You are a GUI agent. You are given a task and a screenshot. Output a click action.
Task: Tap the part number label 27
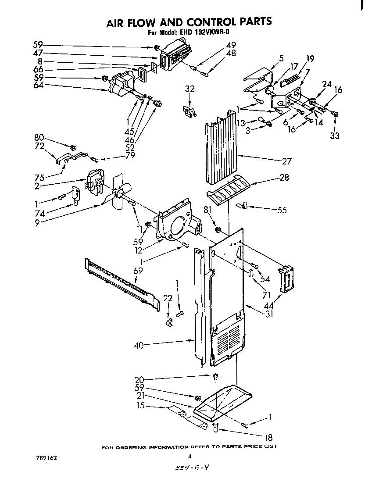(286, 161)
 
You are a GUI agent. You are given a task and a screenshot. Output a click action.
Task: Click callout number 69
(138, 271)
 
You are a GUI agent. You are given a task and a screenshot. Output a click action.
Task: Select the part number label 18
(268, 437)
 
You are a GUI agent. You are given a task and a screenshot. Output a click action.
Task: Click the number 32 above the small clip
(189, 89)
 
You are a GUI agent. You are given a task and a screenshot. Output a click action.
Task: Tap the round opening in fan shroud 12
(178, 227)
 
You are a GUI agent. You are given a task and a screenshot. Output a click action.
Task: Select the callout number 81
(207, 209)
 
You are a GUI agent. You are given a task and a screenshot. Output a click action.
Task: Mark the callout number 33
(335, 136)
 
